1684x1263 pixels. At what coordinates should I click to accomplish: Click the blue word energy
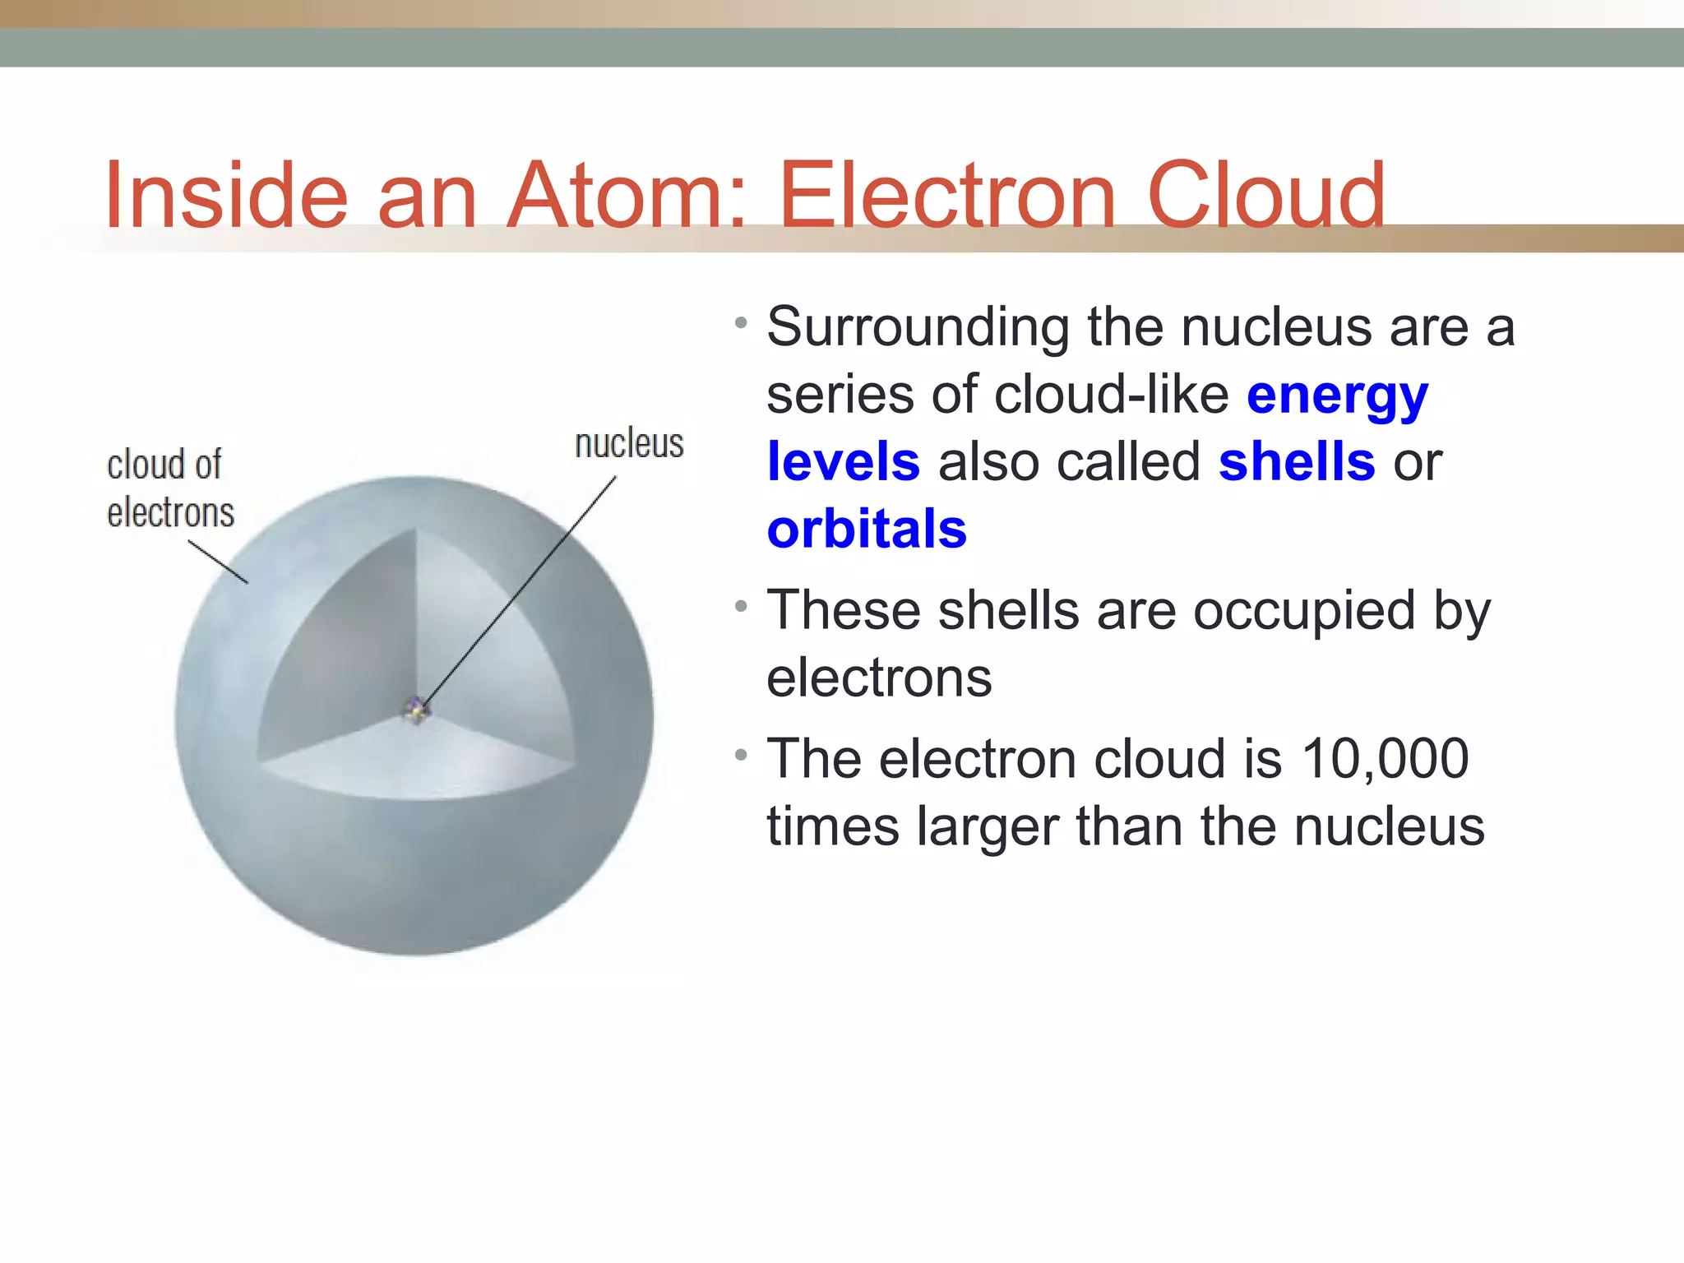(1337, 397)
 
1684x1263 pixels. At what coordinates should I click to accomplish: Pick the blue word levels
(843, 462)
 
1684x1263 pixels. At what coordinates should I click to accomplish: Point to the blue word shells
(1297, 462)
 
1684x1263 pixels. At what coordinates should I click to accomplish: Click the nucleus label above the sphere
(629, 444)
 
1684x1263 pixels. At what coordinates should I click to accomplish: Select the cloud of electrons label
(170, 488)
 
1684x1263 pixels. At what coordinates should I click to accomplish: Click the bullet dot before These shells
(741, 607)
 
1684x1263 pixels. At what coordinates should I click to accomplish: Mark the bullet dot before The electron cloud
(741, 754)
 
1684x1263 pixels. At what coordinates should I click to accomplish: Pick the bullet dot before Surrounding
(741, 322)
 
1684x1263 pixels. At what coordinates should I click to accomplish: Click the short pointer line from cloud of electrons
(218, 562)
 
